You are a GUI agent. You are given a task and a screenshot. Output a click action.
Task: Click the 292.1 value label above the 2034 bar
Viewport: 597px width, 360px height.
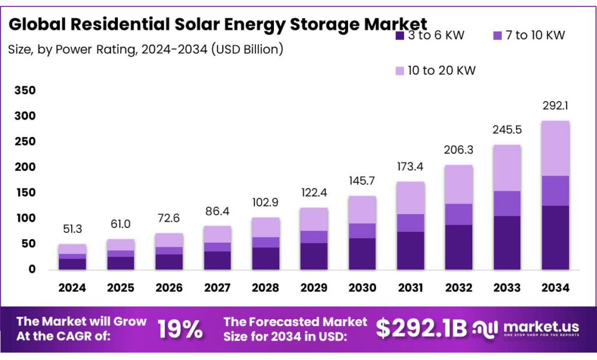click(x=555, y=107)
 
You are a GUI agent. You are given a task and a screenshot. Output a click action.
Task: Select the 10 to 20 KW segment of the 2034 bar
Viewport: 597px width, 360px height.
click(x=555, y=148)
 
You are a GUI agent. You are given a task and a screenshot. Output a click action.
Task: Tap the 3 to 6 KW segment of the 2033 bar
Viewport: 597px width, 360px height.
click(x=507, y=243)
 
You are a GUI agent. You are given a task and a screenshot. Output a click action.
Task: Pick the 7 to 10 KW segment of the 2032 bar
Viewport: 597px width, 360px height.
click(x=458, y=214)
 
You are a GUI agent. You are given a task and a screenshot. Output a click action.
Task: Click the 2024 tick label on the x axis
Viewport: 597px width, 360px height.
click(x=72, y=288)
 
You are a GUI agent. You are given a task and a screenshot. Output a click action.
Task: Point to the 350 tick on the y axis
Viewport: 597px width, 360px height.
click(x=25, y=90)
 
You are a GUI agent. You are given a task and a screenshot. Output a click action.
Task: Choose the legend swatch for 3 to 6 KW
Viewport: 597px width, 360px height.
click(x=399, y=36)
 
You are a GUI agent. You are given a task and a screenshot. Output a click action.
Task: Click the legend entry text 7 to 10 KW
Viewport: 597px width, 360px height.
click(x=536, y=36)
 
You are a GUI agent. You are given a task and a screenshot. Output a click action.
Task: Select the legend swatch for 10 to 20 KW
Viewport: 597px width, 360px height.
click(x=399, y=71)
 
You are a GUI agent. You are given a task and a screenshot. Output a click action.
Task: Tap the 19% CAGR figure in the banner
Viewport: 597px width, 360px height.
click(x=180, y=330)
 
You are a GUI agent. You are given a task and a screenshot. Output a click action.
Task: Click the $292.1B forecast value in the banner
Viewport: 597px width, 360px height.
click(x=421, y=328)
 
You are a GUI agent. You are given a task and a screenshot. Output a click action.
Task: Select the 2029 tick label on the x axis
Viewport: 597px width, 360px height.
click(x=314, y=288)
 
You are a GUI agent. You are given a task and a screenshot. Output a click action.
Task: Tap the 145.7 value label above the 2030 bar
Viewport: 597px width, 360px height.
click(x=362, y=181)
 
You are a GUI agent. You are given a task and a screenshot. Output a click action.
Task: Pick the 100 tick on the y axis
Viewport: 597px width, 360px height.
click(x=25, y=218)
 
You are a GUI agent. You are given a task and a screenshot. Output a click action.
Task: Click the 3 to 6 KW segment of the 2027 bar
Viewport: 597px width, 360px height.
click(x=217, y=260)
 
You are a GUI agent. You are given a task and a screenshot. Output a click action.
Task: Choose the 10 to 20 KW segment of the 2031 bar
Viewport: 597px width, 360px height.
click(x=410, y=198)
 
